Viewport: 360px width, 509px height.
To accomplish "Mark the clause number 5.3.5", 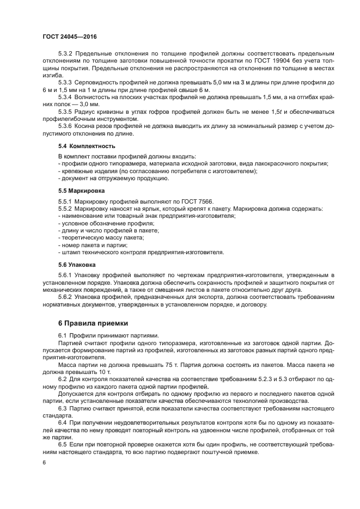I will pyautogui.click(x=66, y=111).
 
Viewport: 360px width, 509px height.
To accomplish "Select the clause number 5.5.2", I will pyautogui.click(x=66, y=209).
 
